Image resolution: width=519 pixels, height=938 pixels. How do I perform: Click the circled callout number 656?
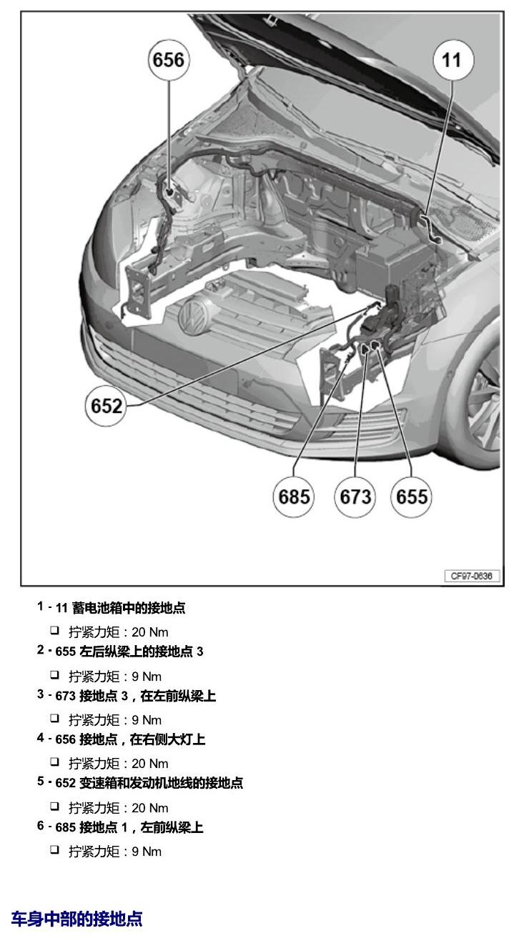169,60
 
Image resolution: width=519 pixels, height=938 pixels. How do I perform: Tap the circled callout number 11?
453,60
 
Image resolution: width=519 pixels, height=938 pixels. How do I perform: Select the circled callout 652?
106,406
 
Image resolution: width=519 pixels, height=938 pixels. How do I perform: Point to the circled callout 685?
294,497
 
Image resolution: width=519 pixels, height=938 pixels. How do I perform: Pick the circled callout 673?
355,497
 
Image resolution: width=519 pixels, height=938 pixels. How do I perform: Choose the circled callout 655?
411,497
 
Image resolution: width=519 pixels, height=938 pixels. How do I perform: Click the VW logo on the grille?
194,315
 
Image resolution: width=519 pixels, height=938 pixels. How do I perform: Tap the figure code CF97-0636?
472,576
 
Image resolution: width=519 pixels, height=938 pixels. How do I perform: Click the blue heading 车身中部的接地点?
76,918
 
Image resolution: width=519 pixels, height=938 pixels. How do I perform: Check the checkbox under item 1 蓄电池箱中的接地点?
54,630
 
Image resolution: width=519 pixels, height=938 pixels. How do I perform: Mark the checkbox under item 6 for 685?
54,849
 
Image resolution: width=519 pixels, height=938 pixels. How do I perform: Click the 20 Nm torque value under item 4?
150,764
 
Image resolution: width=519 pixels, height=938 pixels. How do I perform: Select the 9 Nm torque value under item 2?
147,677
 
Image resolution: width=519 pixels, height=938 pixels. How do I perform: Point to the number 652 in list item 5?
65,783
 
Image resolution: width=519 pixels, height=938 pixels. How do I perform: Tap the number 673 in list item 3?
65,696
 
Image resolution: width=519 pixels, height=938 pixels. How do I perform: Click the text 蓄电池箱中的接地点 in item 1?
129,608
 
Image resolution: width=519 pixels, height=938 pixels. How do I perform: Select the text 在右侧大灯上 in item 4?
167,739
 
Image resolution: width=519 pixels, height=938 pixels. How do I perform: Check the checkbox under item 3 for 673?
54,718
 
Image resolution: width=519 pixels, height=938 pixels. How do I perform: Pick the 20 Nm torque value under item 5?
150,808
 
